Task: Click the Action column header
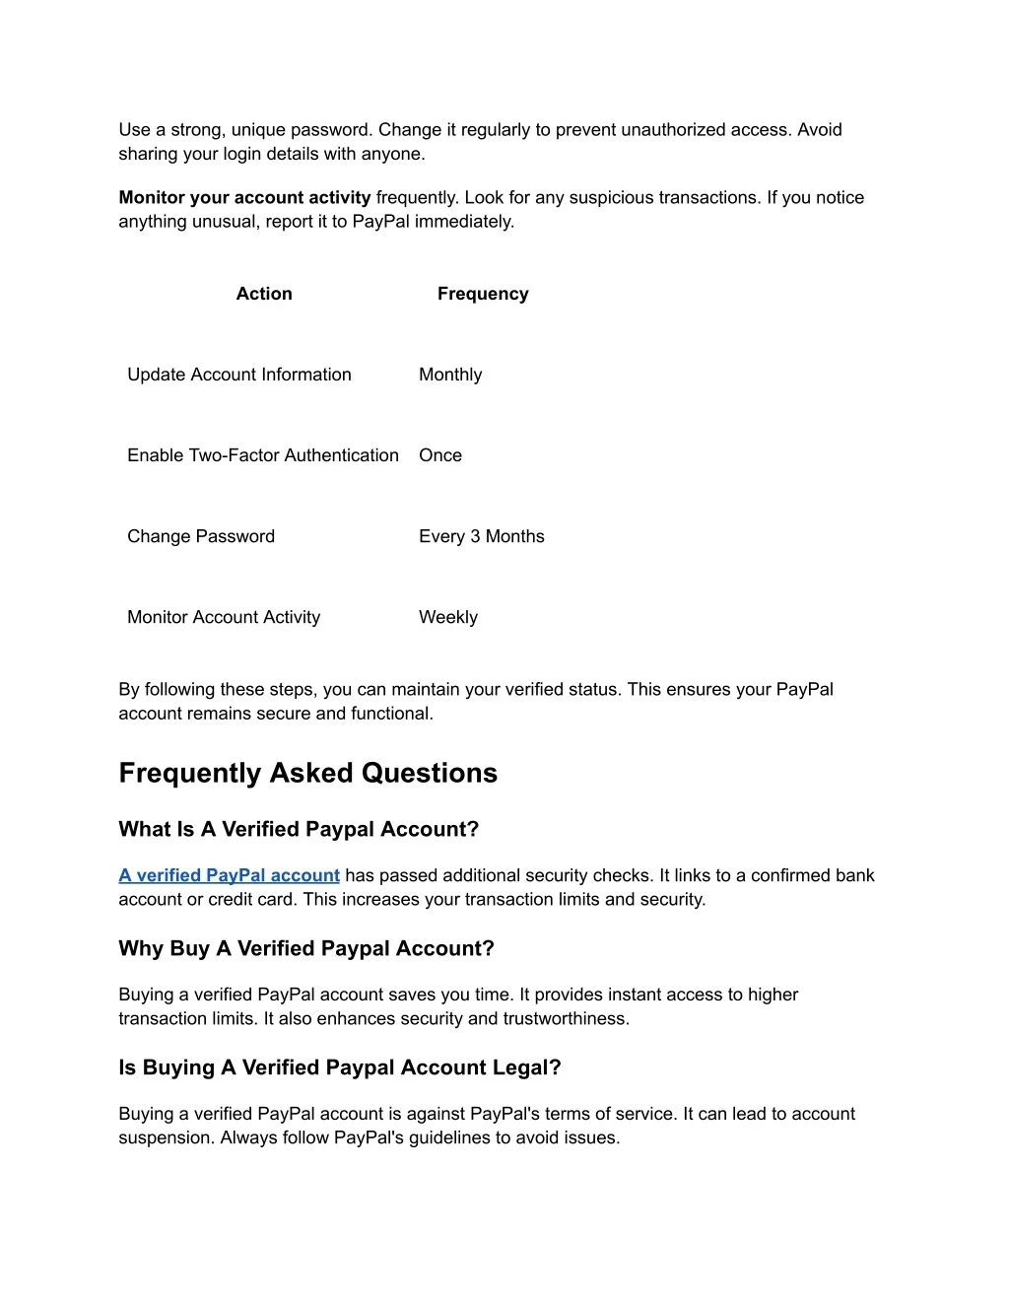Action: click(x=264, y=294)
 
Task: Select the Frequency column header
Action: click(x=483, y=294)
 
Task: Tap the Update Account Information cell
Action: click(x=239, y=375)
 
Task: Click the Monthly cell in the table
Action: click(x=450, y=375)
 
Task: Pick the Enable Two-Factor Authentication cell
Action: click(x=263, y=455)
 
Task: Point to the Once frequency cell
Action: click(x=440, y=455)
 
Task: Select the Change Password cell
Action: click(x=201, y=536)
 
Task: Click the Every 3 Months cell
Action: click(x=482, y=536)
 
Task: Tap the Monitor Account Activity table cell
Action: click(x=224, y=617)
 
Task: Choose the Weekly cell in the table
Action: click(x=448, y=617)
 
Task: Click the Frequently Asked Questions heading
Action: click(x=307, y=773)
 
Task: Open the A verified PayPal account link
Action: click(x=229, y=875)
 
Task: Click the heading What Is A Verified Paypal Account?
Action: click(x=299, y=829)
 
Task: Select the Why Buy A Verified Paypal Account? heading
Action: click(x=306, y=948)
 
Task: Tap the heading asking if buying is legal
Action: click(x=340, y=1067)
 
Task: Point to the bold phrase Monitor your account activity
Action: click(x=244, y=197)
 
